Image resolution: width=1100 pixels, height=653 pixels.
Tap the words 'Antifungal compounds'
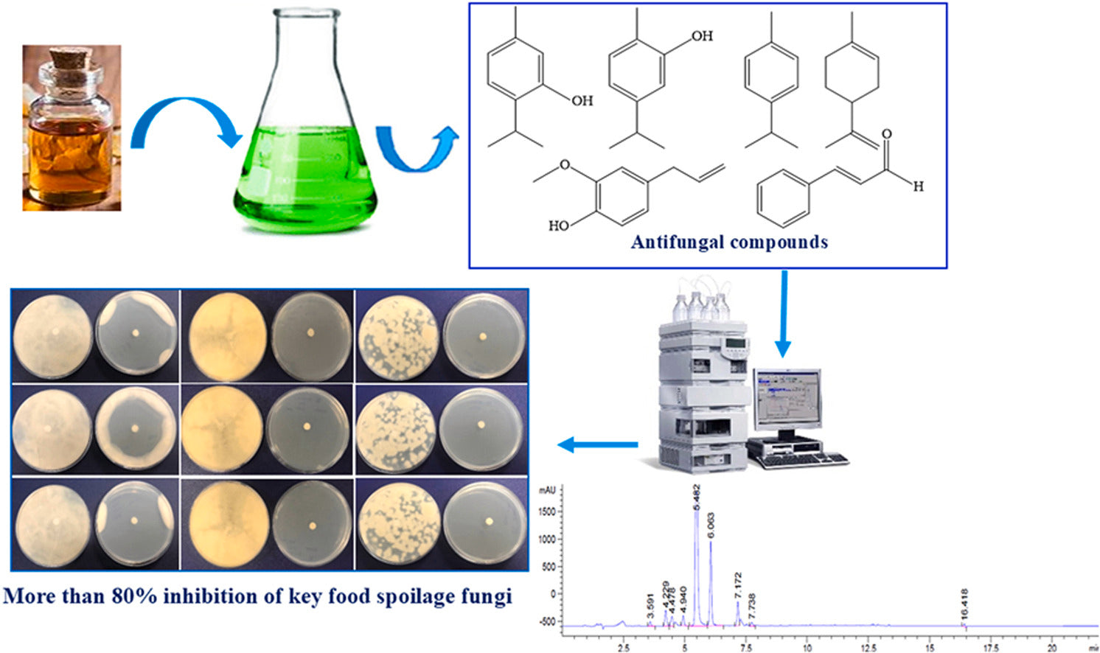click(728, 242)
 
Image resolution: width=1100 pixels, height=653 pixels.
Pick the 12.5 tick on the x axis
click(868, 648)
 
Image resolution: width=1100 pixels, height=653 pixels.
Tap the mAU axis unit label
click(547, 489)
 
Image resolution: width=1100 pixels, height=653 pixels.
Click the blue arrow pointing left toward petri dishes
click(597, 444)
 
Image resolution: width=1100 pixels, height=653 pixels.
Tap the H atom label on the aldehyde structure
click(918, 186)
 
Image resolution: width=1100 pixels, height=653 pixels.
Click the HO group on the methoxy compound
click(558, 226)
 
